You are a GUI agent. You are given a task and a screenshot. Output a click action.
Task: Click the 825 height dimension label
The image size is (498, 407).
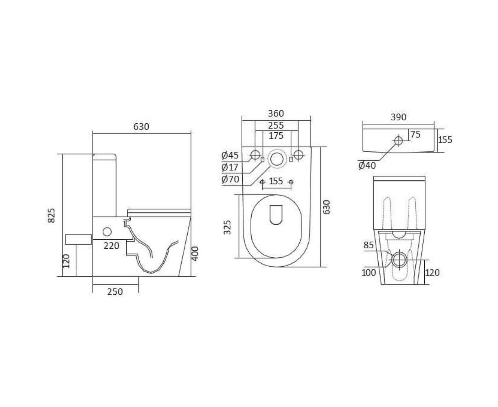coord(51,215)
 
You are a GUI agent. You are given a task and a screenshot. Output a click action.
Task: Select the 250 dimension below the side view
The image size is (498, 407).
coord(115,292)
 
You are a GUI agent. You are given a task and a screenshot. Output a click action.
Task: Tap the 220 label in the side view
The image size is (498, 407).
coord(112,246)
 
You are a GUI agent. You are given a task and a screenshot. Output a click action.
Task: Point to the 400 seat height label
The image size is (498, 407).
coord(195,254)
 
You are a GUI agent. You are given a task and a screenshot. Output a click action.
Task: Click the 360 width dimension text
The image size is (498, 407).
coord(276,114)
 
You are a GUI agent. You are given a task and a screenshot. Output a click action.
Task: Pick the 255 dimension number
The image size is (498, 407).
coord(276,125)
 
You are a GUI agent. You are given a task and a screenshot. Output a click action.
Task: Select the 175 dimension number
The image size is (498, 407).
coord(276,136)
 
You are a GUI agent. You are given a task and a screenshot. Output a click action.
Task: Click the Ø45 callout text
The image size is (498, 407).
coord(230,155)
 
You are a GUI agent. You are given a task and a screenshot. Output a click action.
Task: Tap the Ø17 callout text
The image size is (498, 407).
coord(230,167)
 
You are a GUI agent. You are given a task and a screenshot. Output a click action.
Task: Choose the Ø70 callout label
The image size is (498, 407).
coord(230,179)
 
